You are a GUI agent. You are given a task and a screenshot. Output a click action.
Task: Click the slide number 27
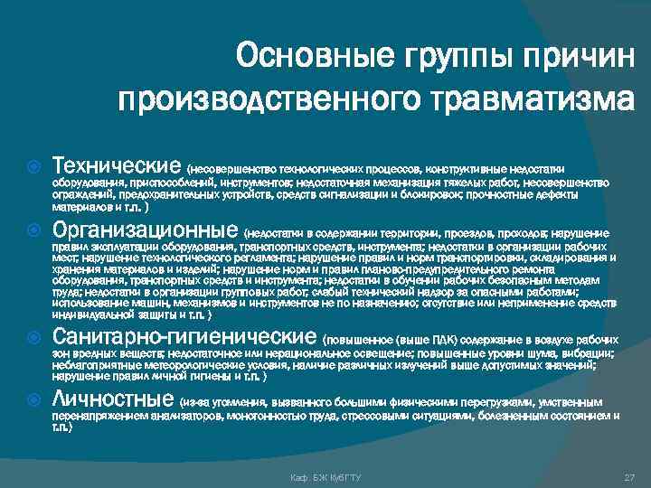tap(629, 476)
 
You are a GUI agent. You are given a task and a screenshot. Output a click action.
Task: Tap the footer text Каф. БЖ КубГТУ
tap(325, 476)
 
